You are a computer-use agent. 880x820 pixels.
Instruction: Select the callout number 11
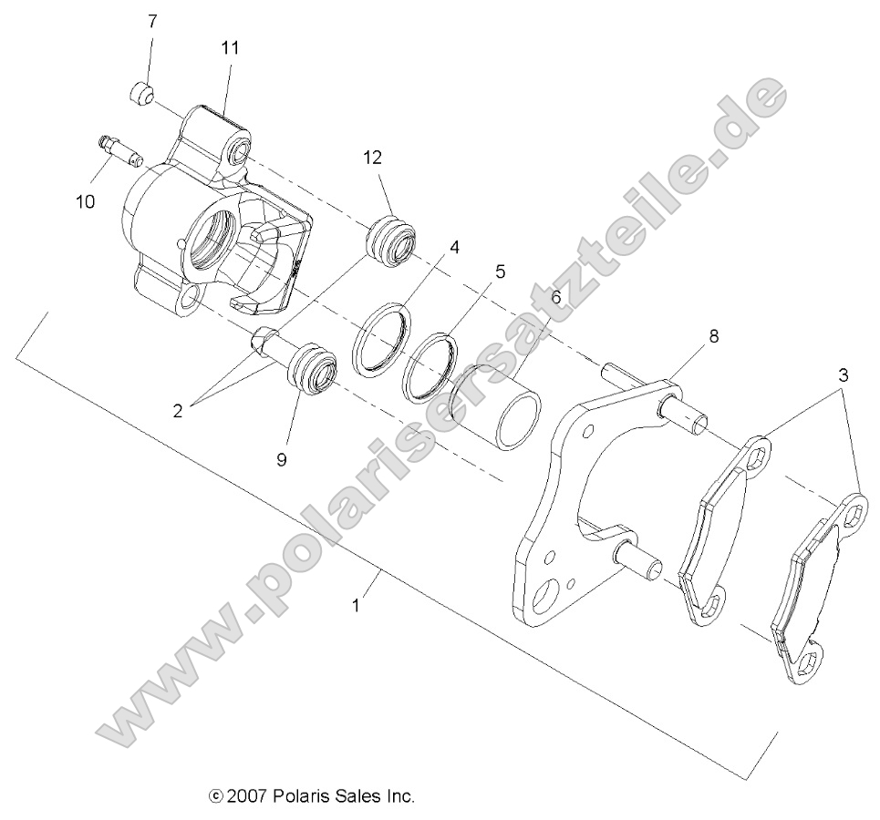point(229,47)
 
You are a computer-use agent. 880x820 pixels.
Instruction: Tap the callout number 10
point(85,201)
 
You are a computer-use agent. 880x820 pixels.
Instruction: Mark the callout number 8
point(714,336)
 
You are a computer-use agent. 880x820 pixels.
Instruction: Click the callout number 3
point(844,374)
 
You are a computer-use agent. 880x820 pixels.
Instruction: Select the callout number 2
point(178,410)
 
